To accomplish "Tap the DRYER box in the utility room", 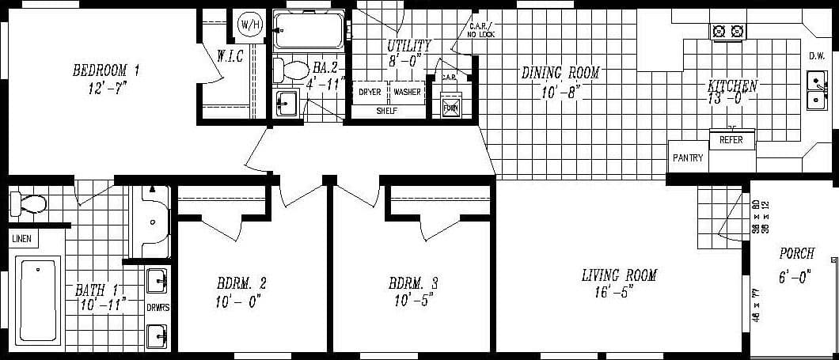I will (x=370, y=93).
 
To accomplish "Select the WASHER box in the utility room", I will (x=408, y=93).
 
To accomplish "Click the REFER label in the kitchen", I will (x=731, y=140).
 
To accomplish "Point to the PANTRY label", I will (x=688, y=158).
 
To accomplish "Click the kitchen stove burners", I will (x=729, y=32).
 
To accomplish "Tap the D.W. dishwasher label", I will (x=817, y=56).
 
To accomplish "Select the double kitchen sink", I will (x=815, y=90).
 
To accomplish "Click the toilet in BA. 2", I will (x=290, y=70).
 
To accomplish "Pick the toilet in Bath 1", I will (x=27, y=204).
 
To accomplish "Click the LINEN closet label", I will (x=21, y=237).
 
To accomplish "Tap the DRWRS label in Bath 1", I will (x=158, y=306).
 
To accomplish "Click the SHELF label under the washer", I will (x=387, y=111).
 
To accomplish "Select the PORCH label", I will (x=796, y=254).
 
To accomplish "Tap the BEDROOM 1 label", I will (x=105, y=70).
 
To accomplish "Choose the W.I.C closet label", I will (x=230, y=56).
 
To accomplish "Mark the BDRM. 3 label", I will (x=410, y=282).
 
